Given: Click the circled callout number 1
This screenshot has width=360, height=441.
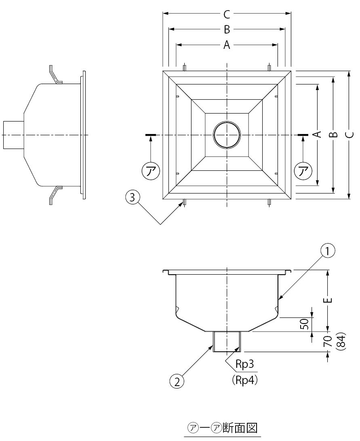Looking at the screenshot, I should click(x=328, y=251).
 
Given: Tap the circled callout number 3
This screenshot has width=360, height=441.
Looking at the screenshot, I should click(x=133, y=197).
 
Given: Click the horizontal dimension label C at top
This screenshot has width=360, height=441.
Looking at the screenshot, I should click(x=227, y=15).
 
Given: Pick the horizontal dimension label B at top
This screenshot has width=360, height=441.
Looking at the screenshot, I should click(x=227, y=29).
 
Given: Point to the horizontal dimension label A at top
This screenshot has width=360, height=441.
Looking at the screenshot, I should click(x=227, y=45).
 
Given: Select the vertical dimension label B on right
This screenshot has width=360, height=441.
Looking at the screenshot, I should click(x=333, y=134).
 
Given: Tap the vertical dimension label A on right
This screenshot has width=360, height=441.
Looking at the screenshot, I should click(x=318, y=134).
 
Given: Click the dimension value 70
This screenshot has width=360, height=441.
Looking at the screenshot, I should click(x=328, y=342).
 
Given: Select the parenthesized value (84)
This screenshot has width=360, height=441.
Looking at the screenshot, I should click(x=341, y=342).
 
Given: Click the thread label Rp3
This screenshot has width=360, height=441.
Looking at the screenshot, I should click(x=244, y=365).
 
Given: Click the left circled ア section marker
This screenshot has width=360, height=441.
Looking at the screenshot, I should click(x=150, y=170).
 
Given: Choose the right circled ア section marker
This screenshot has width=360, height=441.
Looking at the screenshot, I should click(x=303, y=170).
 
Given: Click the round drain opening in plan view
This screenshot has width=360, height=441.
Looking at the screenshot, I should click(x=227, y=134).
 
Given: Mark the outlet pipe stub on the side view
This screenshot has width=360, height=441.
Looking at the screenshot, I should click(x=13, y=134).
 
